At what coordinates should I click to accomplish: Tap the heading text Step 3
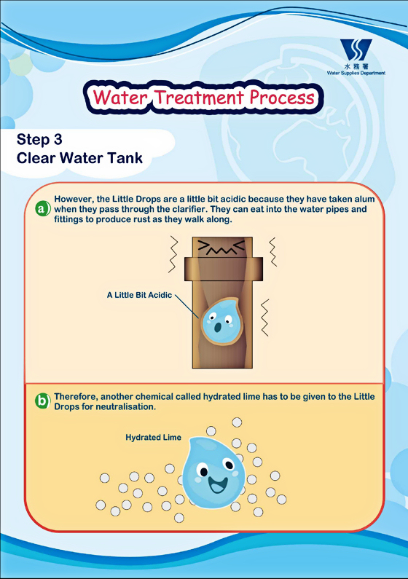coord(39,140)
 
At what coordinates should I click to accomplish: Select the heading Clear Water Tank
coord(79,158)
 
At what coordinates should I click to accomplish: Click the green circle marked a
coord(42,209)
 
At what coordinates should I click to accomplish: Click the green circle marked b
coord(42,401)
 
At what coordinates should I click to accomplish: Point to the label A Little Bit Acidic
coord(139,295)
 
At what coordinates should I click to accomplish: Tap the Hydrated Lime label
coord(153,438)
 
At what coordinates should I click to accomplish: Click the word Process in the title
coord(282,98)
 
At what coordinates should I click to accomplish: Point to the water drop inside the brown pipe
coord(222,321)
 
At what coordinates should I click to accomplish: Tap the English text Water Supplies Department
coord(356,73)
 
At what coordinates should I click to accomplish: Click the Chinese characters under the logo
coord(356,66)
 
